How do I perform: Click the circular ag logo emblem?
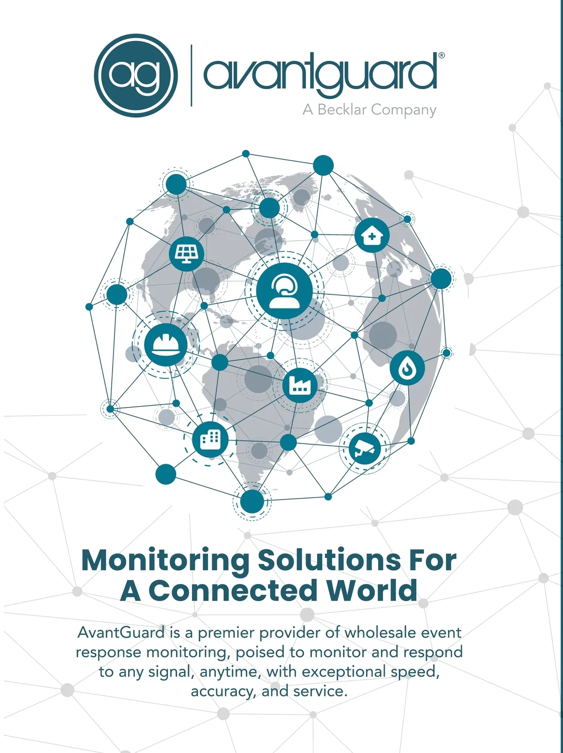(x=136, y=75)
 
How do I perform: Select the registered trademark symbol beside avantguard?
(x=441, y=55)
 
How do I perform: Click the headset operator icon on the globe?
(x=284, y=291)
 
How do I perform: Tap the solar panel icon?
(x=186, y=254)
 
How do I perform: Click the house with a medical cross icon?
(x=372, y=235)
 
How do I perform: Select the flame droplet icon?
(x=407, y=368)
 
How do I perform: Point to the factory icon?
(x=300, y=385)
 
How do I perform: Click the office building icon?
(x=210, y=439)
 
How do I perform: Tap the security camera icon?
(x=365, y=449)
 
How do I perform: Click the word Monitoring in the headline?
(x=165, y=560)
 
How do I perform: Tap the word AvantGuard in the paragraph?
(x=121, y=633)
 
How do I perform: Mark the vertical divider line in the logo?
(x=191, y=75)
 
